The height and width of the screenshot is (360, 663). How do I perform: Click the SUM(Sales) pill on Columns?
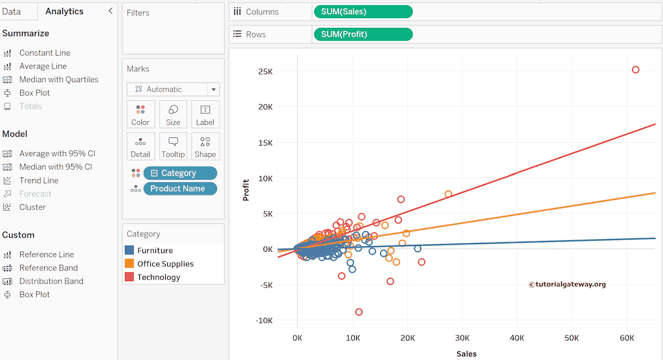tap(363, 12)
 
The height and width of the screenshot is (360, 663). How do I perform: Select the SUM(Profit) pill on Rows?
tap(363, 34)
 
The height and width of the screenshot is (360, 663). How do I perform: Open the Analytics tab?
tap(65, 11)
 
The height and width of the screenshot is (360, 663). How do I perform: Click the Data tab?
tap(11, 11)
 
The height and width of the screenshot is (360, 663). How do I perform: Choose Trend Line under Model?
tap(39, 181)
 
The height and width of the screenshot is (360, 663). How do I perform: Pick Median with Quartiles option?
tap(58, 80)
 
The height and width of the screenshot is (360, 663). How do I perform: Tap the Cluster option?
tap(32, 207)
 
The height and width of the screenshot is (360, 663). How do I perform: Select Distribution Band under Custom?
tap(51, 281)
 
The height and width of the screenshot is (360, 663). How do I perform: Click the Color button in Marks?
tap(140, 115)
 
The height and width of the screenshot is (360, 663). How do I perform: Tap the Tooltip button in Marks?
tap(173, 147)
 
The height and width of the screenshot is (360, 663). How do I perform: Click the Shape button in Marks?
tap(205, 147)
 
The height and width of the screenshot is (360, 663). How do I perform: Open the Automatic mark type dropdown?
tap(173, 89)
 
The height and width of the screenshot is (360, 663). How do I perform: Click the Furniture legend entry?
tap(155, 251)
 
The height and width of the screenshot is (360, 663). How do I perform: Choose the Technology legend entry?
tap(159, 277)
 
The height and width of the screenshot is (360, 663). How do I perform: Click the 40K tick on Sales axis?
tap(517, 338)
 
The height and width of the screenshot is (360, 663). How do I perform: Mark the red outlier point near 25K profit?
tap(635, 70)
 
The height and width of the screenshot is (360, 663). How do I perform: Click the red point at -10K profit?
tap(359, 312)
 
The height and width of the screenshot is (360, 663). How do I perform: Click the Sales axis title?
tap(466, 354)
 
